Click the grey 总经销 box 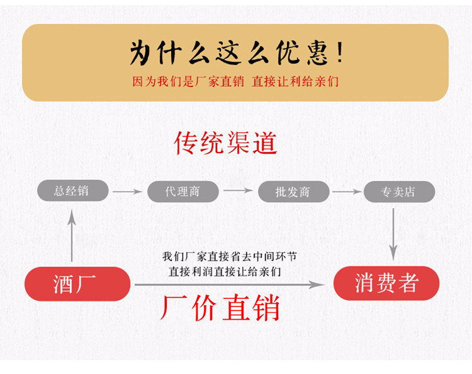point(71,191)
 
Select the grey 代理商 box point(183,191)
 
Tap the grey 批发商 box point(293,191)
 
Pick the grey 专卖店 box point(398,191)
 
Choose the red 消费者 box point(386,283)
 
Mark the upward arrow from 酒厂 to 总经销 point(72,235)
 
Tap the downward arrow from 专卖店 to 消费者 point(393,233)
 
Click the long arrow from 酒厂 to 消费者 point(230,285)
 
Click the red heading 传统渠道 point(226,143)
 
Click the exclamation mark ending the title point(339,53)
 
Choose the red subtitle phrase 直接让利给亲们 point(295,81)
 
